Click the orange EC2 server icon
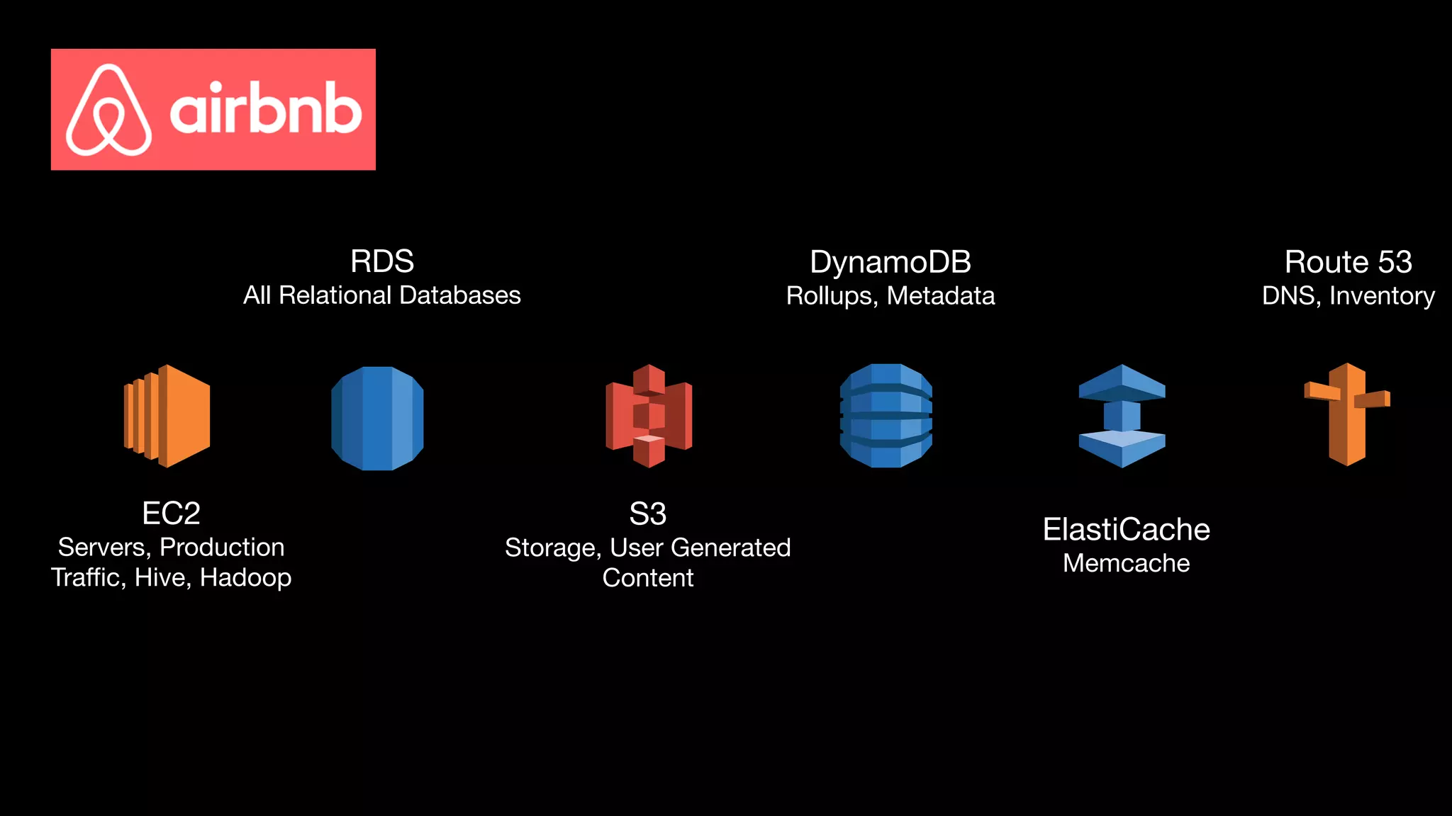point(167,416)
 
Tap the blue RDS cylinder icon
point(377,418)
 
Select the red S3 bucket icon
point(649,416)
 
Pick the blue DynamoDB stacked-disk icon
point(886,416)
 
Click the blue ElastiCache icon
point(1122,416)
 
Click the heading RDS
point(381,261)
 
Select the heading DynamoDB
point(890,262)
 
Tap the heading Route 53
point(1348,262)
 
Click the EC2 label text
point(171,514)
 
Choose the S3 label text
point(647,514)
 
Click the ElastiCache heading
point(1126,530)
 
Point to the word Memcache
point(1126,563)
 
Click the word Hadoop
point(245,578)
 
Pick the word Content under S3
point(647,578)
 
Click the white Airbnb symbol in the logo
point(108,110)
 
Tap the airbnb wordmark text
point(265,110)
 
